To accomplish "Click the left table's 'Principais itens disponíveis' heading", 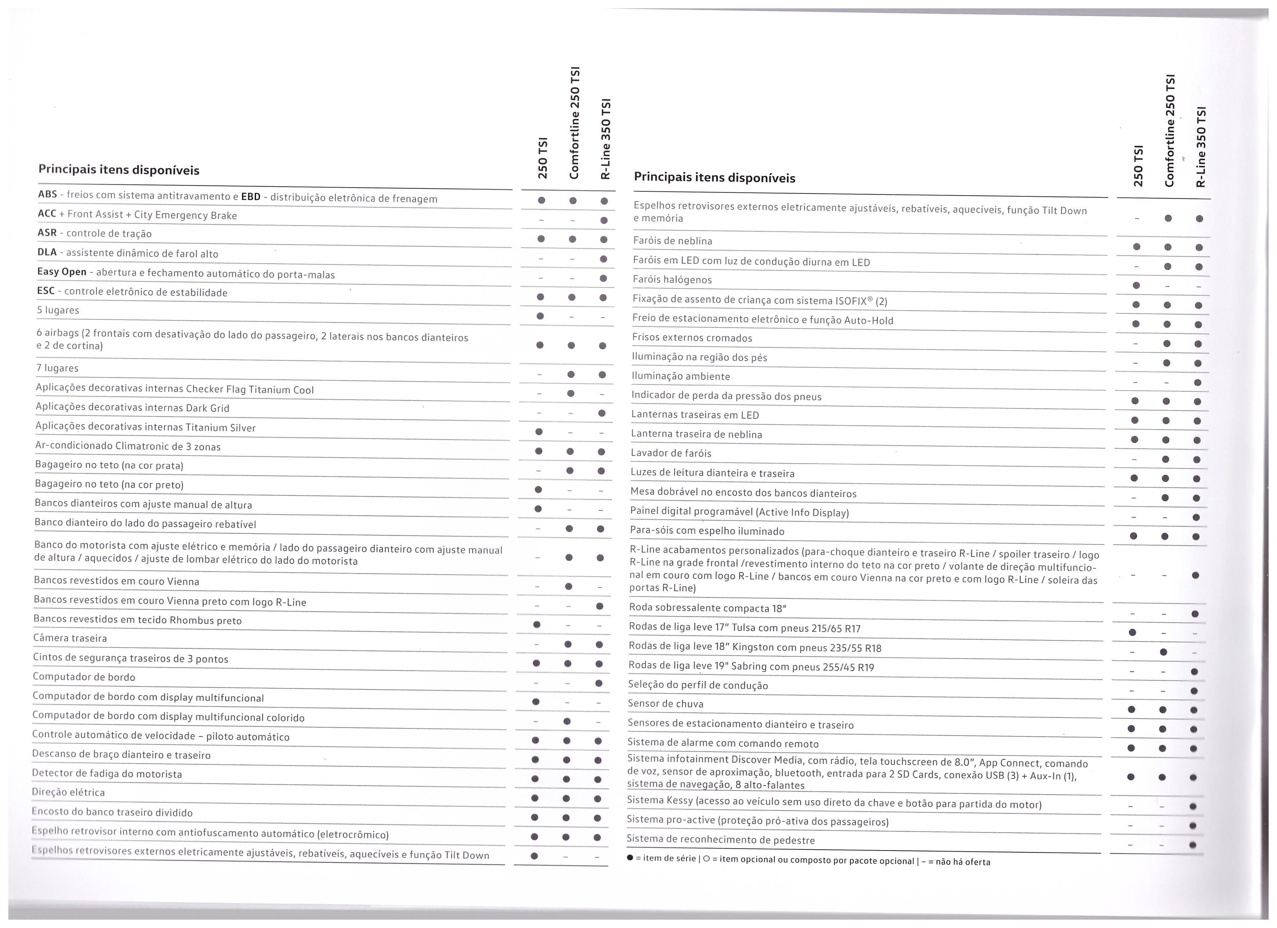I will coord(119,170).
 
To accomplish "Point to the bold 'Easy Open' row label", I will coord(62,272).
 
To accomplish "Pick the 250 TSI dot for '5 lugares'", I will coord(540,316).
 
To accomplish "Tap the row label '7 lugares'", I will coord(57,368).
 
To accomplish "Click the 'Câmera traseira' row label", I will coord(70,638).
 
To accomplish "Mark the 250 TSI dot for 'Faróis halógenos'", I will coord(1136,285).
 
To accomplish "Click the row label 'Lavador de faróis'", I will coord(671,453).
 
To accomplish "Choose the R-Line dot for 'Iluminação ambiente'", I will coord(1198,383).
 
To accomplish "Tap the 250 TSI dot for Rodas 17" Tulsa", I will coord(1133,633).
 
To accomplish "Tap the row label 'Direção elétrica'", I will coord(69,792).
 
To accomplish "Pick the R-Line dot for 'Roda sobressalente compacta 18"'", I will coord(1195,613).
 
